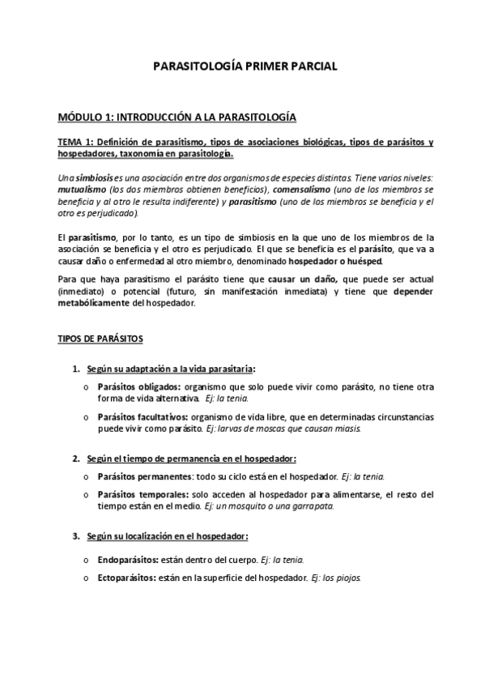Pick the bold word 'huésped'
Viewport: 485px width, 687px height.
pos(361,261)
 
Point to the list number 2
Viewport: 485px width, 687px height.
pos(75,459)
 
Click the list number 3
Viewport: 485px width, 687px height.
pos(75,536)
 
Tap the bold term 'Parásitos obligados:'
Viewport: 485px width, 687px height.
pos(134,387)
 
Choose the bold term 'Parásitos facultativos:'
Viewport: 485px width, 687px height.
pos(139,416)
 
